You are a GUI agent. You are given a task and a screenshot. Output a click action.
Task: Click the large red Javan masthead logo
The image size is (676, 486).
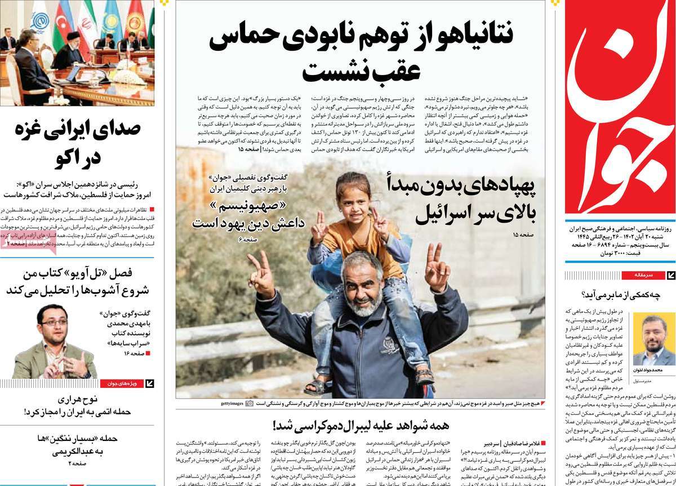click(620, 107)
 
